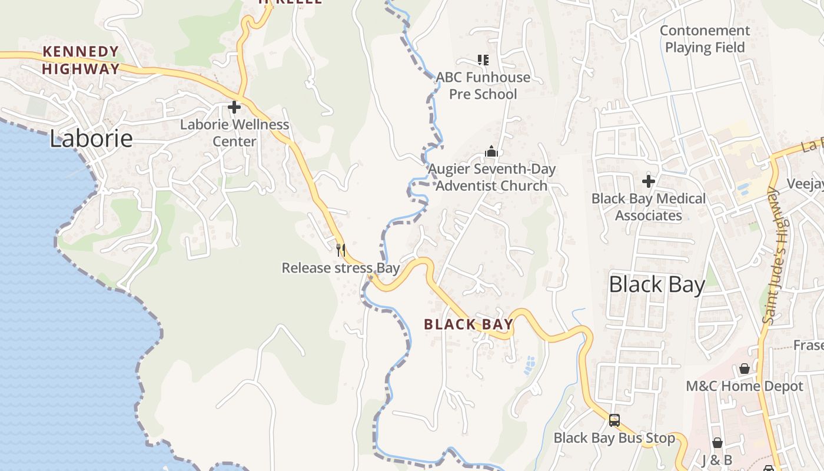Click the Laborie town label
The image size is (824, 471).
[x=91, y=139]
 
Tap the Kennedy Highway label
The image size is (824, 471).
[x=81, y=60]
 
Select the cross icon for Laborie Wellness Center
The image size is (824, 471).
[x=234, y=107]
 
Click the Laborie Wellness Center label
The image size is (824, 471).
[x=234, y=133]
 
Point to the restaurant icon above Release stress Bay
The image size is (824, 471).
[x=340, y=250]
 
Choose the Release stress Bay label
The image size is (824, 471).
[x=340, y=268]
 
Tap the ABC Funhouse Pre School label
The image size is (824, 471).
[x=483, y=86]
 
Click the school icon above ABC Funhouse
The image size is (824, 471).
[x=483, y=59]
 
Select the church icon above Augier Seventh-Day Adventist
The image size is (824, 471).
[x=491, y=152]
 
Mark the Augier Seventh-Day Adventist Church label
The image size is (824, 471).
[x=491, y=178]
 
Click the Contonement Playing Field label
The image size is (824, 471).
[x=705, y=39]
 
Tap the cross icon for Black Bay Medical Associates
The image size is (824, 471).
[x=649, y=181]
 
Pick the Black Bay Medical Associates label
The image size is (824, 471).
[x=649, y=207]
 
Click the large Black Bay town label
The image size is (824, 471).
[x=656, y=285]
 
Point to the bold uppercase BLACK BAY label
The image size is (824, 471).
[x=469, y=324]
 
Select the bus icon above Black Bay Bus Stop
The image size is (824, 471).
[x=614, y=420]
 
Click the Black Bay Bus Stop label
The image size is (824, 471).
[x=614, y=438]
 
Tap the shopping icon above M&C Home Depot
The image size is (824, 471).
[x=745, y=369]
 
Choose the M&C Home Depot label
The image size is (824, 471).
[x=745, y=386]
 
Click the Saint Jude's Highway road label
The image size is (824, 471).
[x=778, y=256]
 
